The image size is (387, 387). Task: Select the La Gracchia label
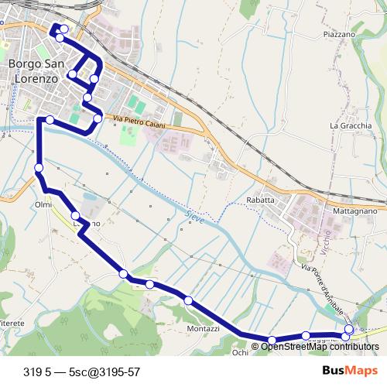pyautogui.click(x=351, y=125)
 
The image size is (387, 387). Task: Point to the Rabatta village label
pyautogui.click(x=261, y=200)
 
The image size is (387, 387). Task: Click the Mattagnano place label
pyautogui.click(x=354, y=210)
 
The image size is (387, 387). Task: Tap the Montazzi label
pyautogui.click(x=203, y=329)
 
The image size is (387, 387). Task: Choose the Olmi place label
pyautogui.click(x=43, y=204)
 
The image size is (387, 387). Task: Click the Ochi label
pyautogui.click(x=240, y=352)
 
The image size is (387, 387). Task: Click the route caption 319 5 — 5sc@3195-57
pyautogui.click(x=81, y=371)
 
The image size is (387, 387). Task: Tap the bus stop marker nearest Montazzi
pyautogui.click(x=188, y=300)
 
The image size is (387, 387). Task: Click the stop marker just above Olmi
pyautogui.click(x=38, y=168)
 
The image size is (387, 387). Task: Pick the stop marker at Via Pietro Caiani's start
pyautogui.click(x=98, y=118)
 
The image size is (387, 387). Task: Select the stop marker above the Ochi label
pyautogui.click(x=272, y=340)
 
